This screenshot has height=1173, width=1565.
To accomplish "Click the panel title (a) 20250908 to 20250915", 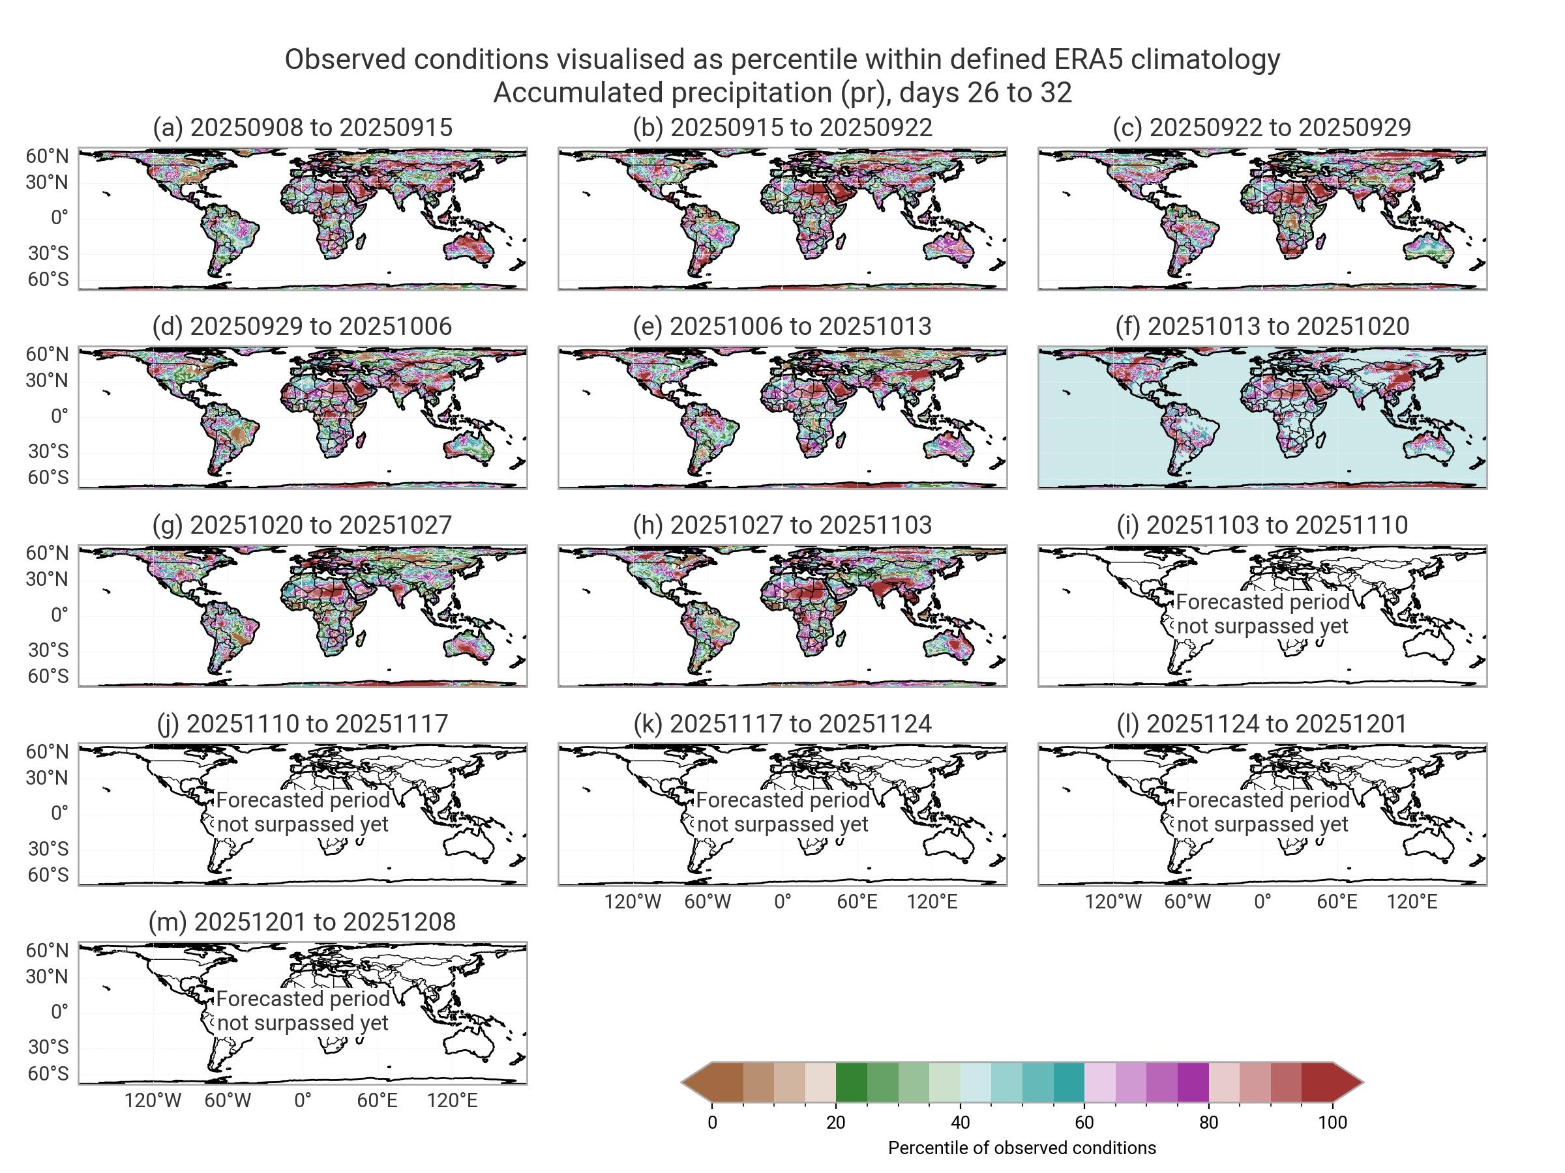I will [x=302, y=127].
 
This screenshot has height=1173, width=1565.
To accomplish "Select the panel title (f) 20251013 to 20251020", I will [x=1262, y=326].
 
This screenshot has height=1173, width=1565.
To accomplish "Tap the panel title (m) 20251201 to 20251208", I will [x=302, y=922].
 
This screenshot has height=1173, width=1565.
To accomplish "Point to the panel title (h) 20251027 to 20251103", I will [x=782, y=525].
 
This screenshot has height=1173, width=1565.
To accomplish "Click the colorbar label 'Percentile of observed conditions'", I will [x=1022, y=1148].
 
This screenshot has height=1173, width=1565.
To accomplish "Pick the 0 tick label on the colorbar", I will [x=713, y=1123].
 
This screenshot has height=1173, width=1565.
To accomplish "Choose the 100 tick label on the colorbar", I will [x=1333, y=1123].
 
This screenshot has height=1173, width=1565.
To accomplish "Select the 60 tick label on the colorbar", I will [x=1084, y=1123].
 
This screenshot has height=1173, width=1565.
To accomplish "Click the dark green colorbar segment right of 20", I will [x=851, y=1082].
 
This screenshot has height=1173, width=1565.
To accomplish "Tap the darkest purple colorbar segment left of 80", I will [x=1193, y=1082].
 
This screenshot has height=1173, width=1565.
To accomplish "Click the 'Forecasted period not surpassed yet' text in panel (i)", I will [x=1262, y=614].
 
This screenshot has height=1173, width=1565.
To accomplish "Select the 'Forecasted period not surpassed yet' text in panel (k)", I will [x=782, y=812].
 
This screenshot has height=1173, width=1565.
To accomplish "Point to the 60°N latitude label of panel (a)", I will [x=48, y=156].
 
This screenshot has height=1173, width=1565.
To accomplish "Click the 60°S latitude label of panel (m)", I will [x=48, y=1073].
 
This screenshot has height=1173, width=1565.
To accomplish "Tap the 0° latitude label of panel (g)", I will [x=59, y=615].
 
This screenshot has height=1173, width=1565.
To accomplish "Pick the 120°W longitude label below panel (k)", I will [x=633, y=901].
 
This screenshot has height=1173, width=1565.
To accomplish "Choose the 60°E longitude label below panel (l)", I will [x=1337, y=901].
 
